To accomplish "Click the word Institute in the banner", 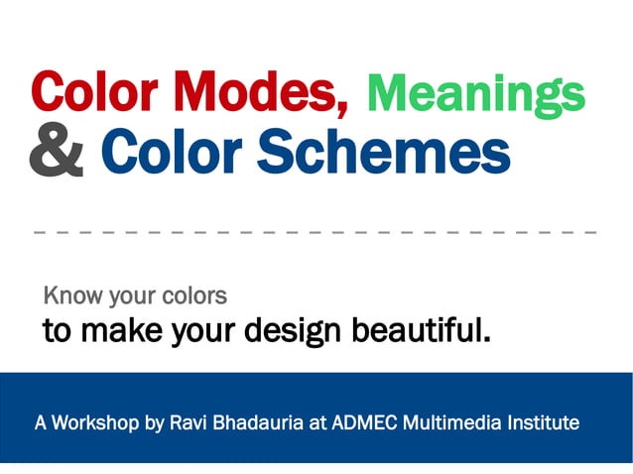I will (x=543, y=422).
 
